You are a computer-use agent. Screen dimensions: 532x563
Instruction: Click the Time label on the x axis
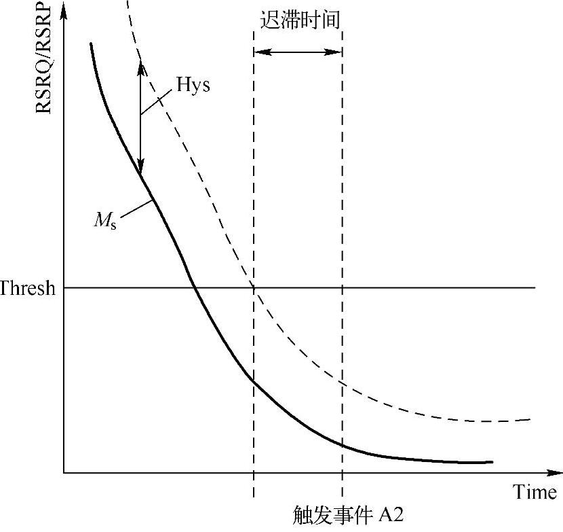(535, 492)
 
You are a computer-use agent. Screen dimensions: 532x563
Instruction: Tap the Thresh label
(28, 288)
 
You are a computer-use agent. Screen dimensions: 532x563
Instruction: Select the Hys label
(193, 86)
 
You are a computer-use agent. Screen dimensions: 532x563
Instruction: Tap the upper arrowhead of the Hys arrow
(140, 67)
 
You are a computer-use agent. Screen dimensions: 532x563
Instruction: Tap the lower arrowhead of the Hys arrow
(140, 170)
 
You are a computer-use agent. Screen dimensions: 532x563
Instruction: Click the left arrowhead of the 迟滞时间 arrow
(258, 51)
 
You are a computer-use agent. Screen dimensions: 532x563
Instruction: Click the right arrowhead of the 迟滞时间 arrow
(337, 51)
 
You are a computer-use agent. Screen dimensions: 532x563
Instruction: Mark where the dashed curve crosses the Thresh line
(254, 288)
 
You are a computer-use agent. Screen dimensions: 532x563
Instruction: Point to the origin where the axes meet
(64, 472)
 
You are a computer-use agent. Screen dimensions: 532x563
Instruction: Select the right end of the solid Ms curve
(491, 462)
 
